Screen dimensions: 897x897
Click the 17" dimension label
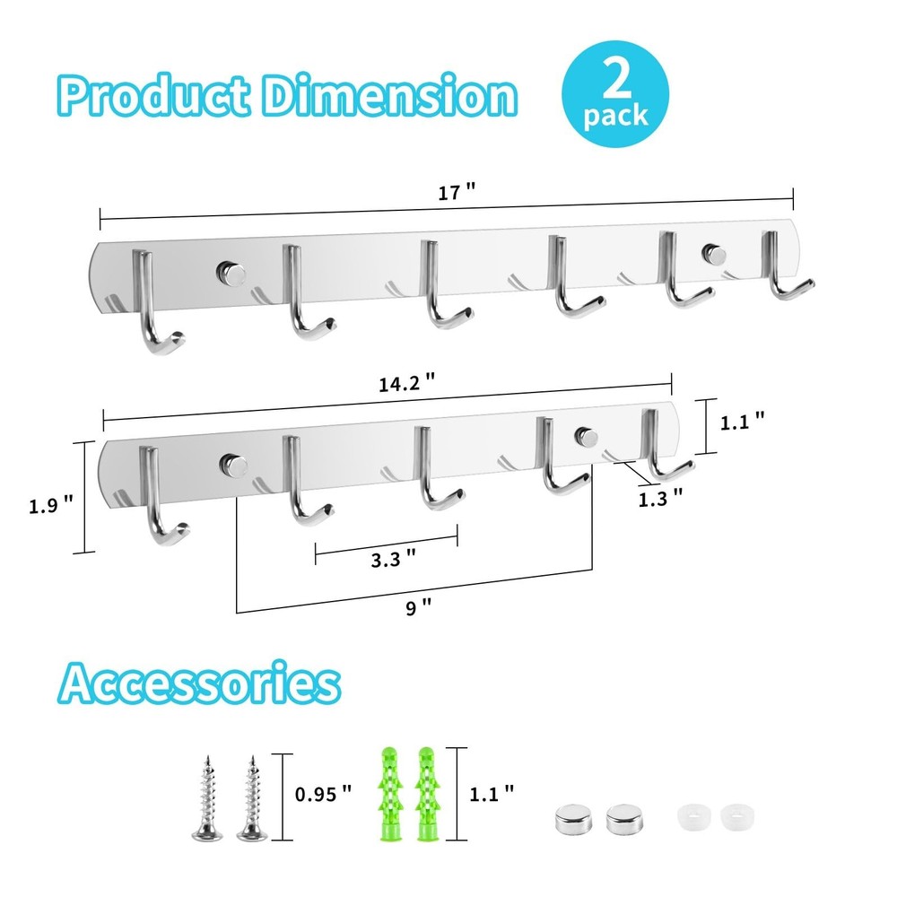[457, 192]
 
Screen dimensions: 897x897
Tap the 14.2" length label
[406, 382]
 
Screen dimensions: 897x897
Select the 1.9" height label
[51, 505]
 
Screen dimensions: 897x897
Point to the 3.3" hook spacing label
[393, 558]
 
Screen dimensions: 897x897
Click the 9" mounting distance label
[418, 606]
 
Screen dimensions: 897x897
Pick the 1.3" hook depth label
[660, 498]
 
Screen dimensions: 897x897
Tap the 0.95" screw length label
[323, 794]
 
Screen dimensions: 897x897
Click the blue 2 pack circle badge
[615, 94]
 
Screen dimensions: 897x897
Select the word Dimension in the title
[389, 95]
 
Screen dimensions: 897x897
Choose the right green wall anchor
[426, 793]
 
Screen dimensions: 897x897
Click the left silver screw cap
[572, 819]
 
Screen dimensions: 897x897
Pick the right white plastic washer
[737, 817]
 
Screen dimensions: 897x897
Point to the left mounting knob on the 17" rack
[231, 273]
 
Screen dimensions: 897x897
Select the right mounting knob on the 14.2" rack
[587, 438]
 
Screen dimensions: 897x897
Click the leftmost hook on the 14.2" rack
[160, 495]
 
